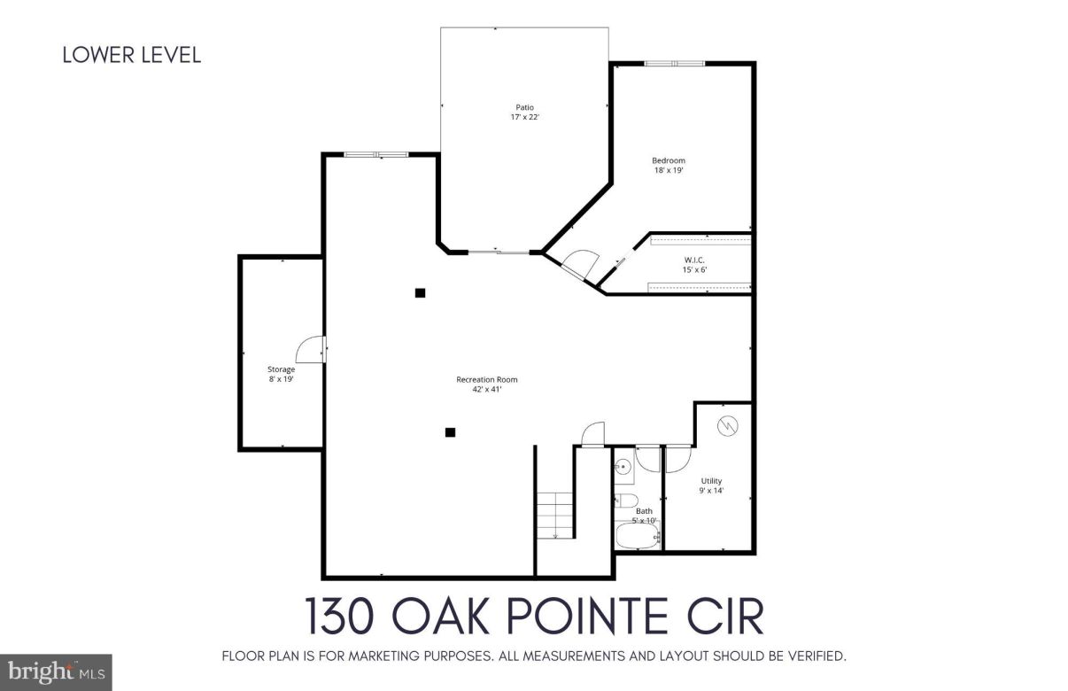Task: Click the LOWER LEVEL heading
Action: click(x=132, y=55)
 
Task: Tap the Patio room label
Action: click(x=525, y=112)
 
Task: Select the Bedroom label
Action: click(x=669, y=165)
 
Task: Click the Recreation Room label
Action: click(x=486, y=384)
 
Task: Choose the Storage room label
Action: click(x=281, y=373)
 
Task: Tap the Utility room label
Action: click(x=711, y=485)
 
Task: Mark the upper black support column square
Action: click(x=421, y=292)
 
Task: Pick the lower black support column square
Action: click(x=450, y=432)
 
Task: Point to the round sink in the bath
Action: click(x=623, y=465)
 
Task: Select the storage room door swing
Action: click(x=311, y=350)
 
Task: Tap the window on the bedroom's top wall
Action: click(x=674, y=63)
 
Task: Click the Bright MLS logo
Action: click(x=56, y=672)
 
